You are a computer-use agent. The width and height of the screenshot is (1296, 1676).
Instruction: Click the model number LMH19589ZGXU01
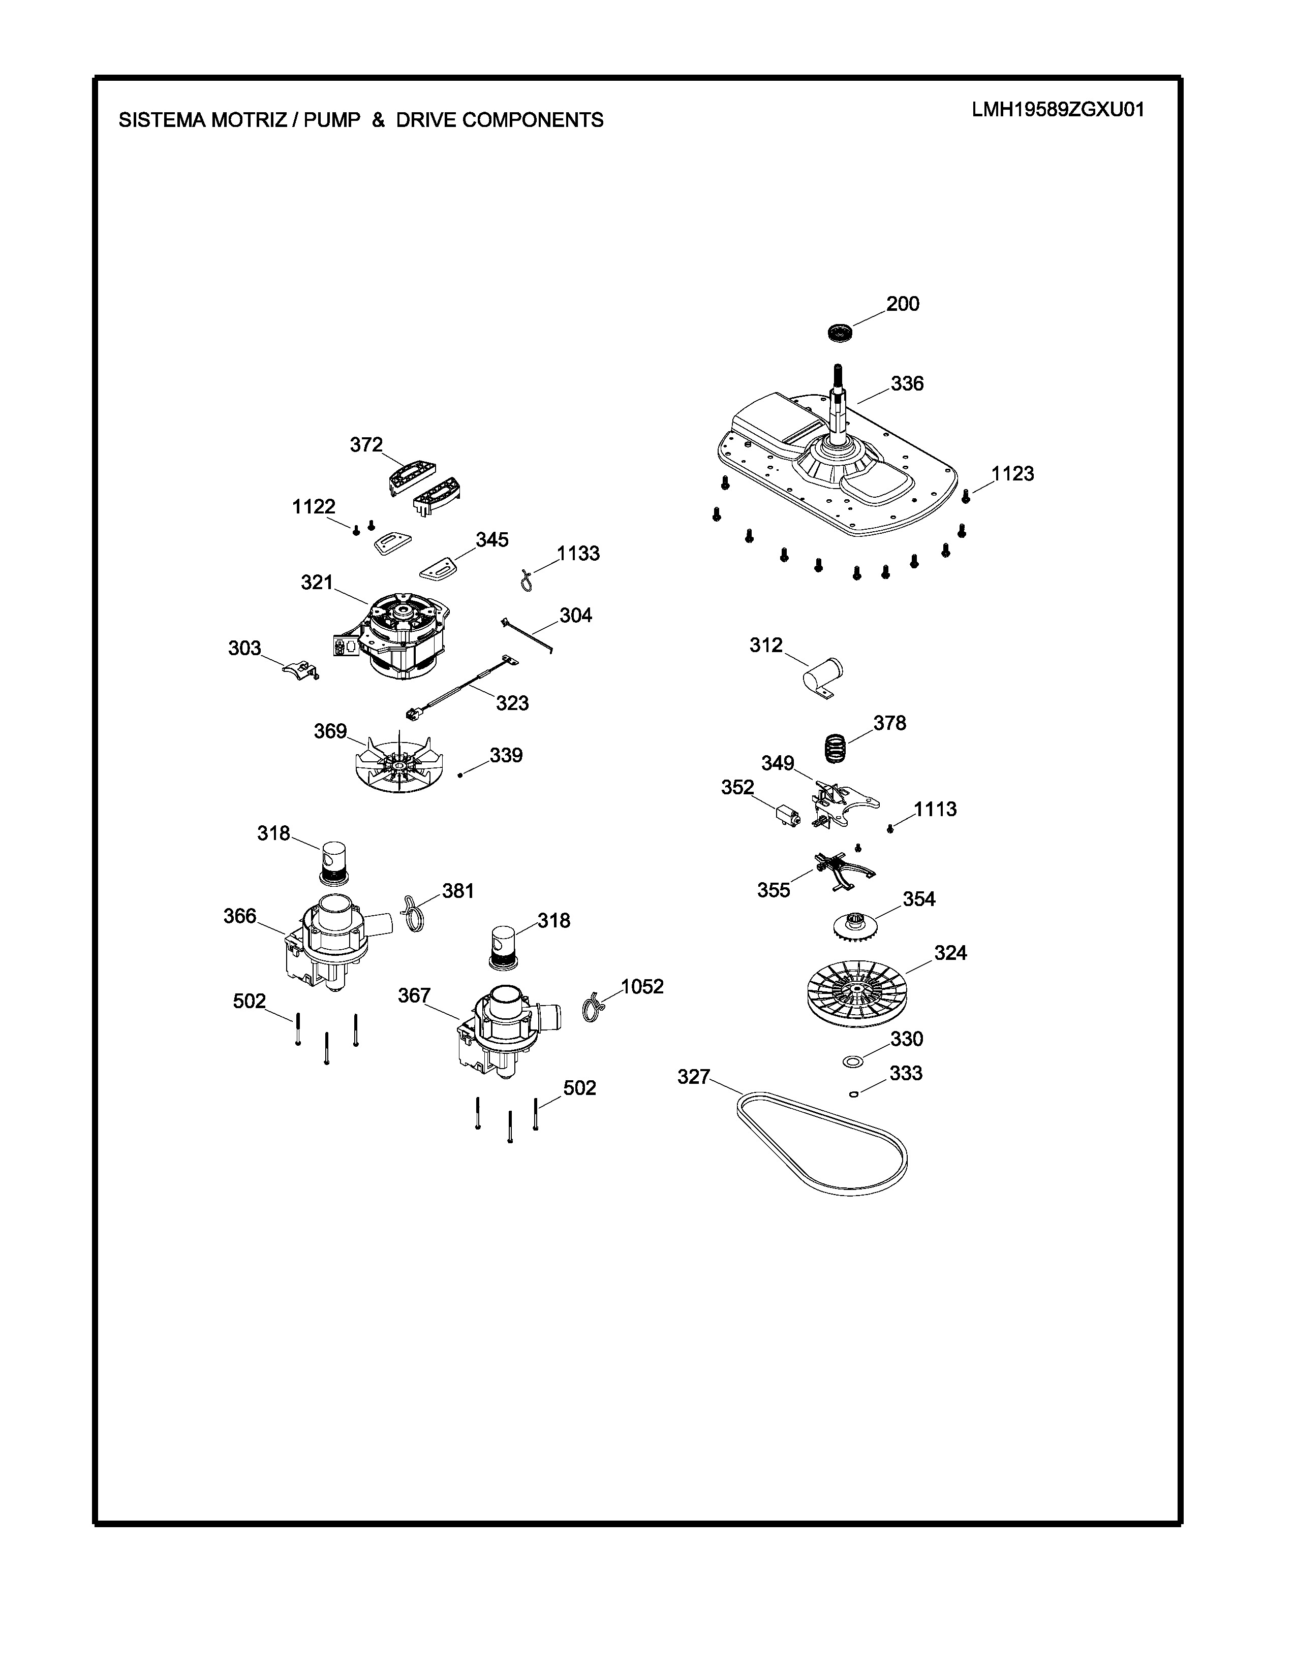pos(1058,110)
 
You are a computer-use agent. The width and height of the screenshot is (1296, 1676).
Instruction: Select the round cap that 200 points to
pos(841,334)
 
